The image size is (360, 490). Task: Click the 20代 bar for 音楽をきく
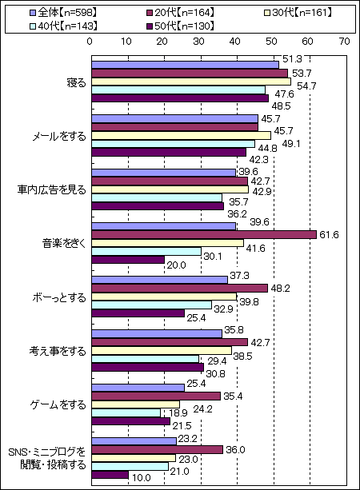[x=204, y=235]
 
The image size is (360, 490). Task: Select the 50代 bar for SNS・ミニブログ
[x=110, y=475]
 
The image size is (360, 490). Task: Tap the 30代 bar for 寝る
[x=191, y=82]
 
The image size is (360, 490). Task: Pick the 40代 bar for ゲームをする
[x=126, y=412]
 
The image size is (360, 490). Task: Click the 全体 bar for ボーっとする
[x=160, y=280]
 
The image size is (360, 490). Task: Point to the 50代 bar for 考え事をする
[x=148, y=367]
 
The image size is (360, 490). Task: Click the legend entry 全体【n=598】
[x=62, y=13]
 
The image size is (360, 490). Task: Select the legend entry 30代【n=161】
[x=298, y=13]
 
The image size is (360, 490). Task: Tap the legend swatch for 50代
[x=149, y=26]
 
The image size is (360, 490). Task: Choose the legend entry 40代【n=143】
[x=63, y=26]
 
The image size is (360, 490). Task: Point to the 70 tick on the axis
[x=344, y=42]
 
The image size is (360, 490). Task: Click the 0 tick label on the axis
[x=90, y=42]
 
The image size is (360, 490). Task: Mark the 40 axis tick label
[x=235, y=42]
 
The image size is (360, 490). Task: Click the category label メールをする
[x=59, y=137]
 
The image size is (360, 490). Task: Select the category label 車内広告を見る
[x=52, y=190]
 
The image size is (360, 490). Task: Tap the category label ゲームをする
[x=58, y=405]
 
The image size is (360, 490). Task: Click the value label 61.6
[x=329, y=235]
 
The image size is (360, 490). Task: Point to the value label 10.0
[x=142, y=478]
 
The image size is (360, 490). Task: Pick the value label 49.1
[x=290, y=144]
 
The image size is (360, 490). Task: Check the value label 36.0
[x=235, y=450]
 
